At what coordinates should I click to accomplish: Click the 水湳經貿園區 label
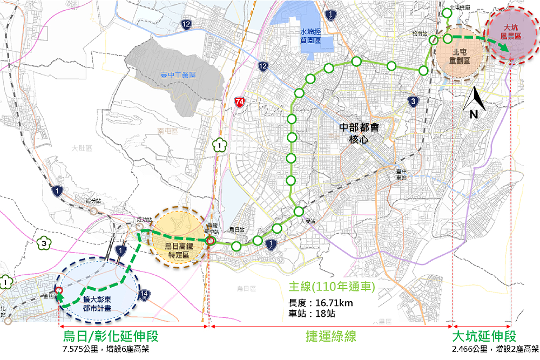point(310,36)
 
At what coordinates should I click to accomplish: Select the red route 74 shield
point(240,101)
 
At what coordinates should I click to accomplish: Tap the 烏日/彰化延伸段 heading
point(111,336)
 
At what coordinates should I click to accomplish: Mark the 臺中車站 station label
point(400,173)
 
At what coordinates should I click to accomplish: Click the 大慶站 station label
point(307,221)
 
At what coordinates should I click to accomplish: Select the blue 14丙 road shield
point(144,295)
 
